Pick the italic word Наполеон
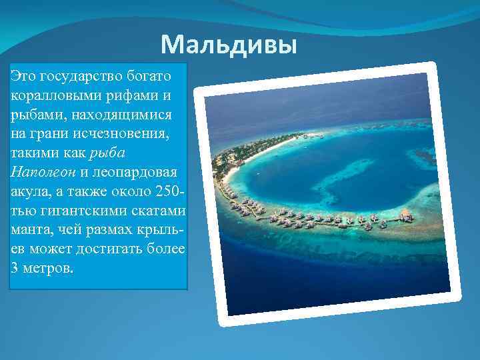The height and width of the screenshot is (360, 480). pyautogui.click(x=43, y=171)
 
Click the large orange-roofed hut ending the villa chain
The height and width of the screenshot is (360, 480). pyautogui.click(x=404, y=215)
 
